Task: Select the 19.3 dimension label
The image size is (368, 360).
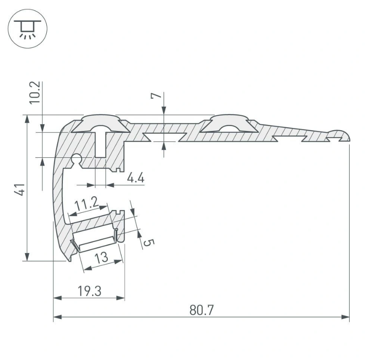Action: tap(89, 291)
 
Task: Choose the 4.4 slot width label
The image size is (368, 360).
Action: tap(135, 178)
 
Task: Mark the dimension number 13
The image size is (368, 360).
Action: tap(101, 257)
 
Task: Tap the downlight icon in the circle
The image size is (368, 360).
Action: tap(28, 28)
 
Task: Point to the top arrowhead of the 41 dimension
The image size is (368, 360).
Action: tap(28, 118)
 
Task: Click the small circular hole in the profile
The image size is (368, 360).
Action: tap(77, 158)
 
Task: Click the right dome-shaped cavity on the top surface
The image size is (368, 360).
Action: tap(229, 124)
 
